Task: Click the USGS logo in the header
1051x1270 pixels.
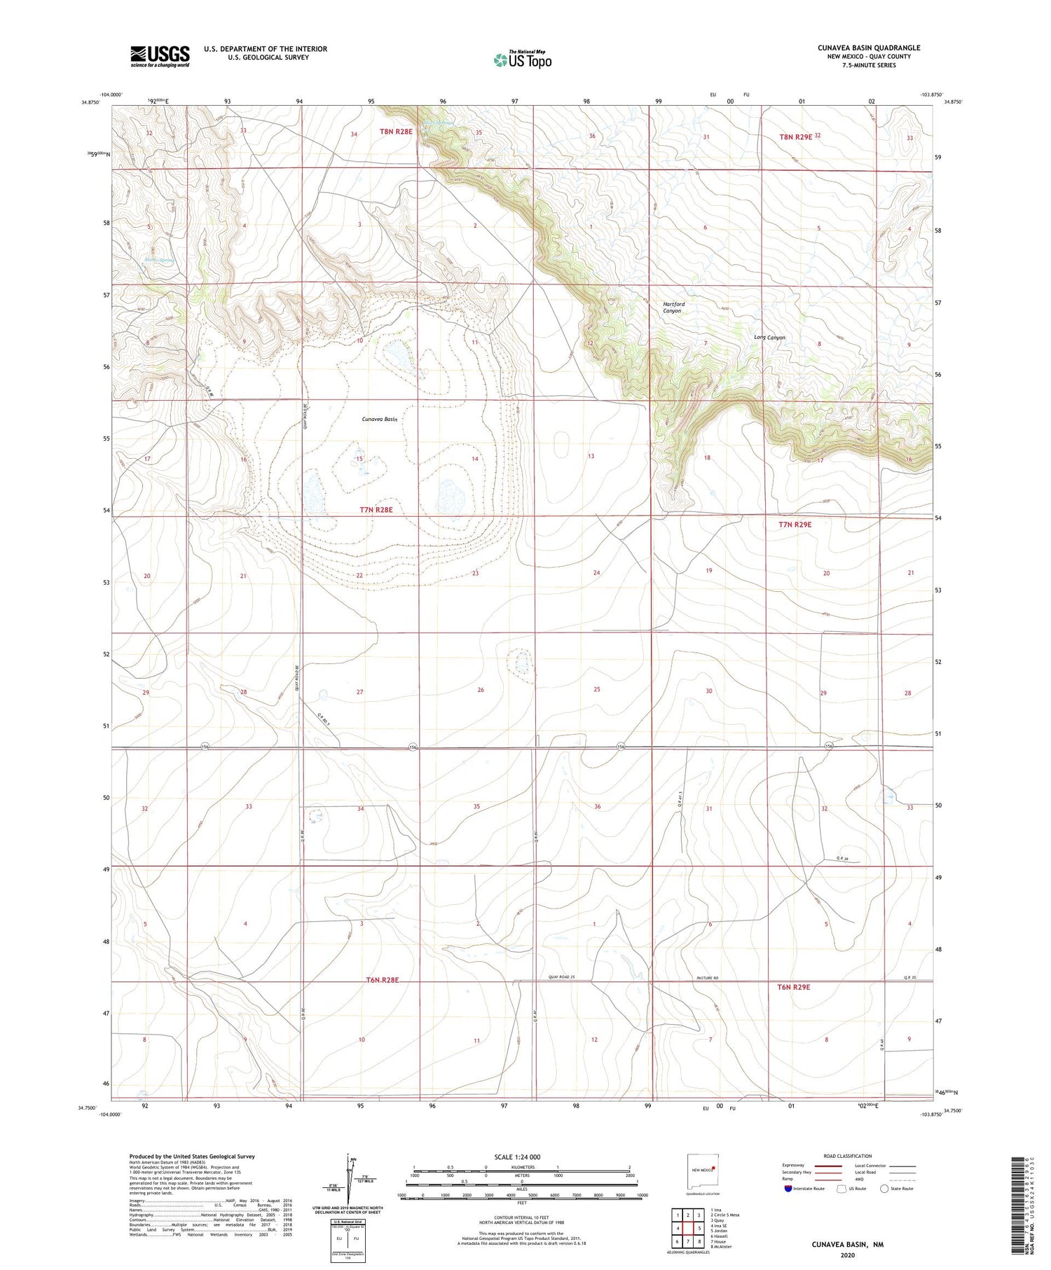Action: pyautogui.click(x=160, y=56)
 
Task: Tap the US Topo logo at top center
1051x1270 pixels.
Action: pyautogui.click(x=522, y=60)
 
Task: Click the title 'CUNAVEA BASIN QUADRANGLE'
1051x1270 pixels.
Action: pyautogui.click(x=869, y=48)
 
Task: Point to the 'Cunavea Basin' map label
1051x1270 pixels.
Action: pyautogui.click(x=380, y=419)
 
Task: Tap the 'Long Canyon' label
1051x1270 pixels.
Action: pyautogui.click(x=769, y=338)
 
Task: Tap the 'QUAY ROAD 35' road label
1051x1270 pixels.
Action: pyautogui.click(x=561, y=977)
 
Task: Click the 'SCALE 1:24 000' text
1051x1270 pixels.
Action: pyautogui.click(x=521, y=1157)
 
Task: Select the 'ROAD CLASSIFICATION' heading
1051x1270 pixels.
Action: pyautogui.click(x=847, y=1156)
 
